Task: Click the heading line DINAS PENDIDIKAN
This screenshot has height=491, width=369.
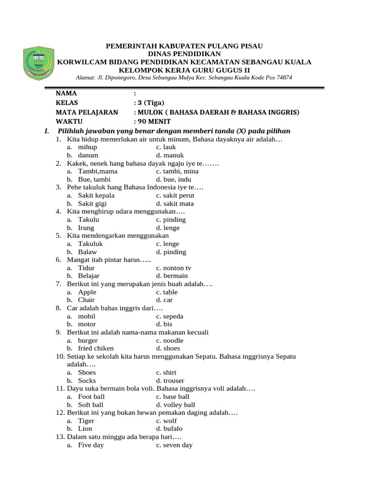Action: [184, 54]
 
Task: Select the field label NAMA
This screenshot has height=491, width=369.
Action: [66, 93]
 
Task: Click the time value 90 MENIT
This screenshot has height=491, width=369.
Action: [154, 122]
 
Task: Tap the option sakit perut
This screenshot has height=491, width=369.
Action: [178, 195]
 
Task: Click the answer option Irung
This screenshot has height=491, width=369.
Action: [86, 228]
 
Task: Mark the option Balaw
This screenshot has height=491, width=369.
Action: [87, 252]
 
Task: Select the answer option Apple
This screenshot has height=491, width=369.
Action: [87, 292]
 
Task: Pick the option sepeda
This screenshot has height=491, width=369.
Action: [175, 316]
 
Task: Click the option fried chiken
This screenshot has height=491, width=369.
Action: [98, 348]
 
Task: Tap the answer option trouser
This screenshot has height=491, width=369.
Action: [174, 381]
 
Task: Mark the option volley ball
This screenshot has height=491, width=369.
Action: [179, 405]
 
